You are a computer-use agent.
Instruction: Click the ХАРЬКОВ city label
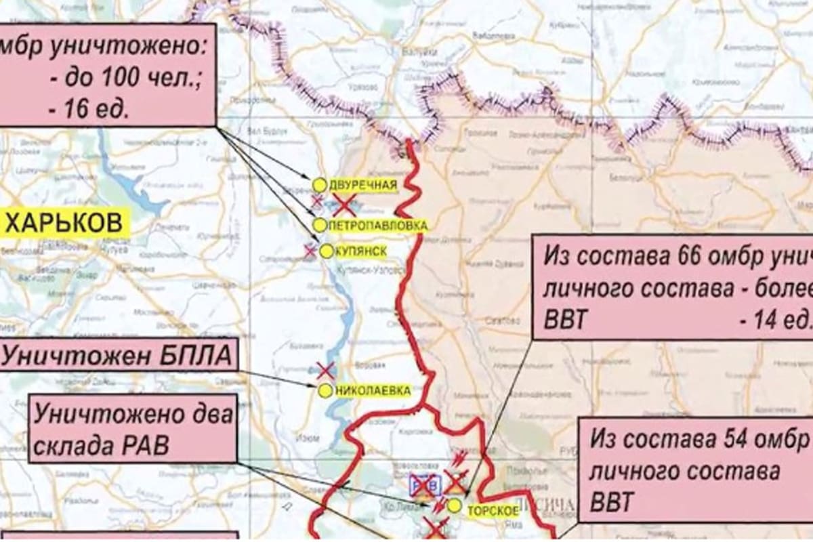click(x=66, y=223)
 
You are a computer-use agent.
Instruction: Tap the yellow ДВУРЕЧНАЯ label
click(x=363, y=184)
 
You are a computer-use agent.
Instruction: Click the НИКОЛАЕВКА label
click(x=373, y=391)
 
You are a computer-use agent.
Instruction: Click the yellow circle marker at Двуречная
click(x=319, y=184)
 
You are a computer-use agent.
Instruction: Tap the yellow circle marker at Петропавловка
click(x=319, y=224)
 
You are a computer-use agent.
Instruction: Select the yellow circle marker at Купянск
click(x=325, y=251)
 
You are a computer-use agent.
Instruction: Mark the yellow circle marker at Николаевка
click(x=325, y=390)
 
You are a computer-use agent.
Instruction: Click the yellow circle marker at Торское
click(x=455, y=505)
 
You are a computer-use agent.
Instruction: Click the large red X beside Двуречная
click(x=345, y=203)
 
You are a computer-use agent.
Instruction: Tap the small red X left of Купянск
click(x=310, y=251)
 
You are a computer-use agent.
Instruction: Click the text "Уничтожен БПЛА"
click(x=117, y=354)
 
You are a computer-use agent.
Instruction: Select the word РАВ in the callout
click(x=144, y=445)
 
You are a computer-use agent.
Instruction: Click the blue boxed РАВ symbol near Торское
click(x=425, y=485)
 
